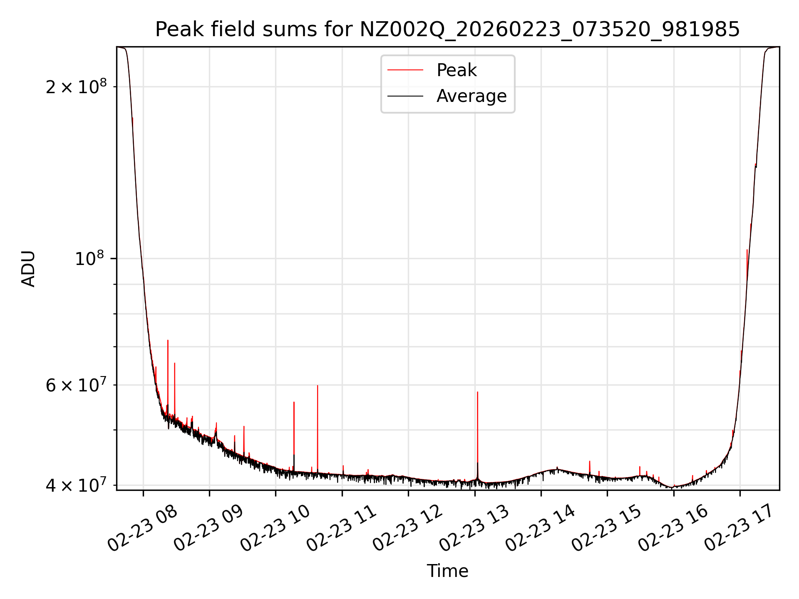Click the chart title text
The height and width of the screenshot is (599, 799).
(x=447, y=30)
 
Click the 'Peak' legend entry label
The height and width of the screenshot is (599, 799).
(x=456, y=70)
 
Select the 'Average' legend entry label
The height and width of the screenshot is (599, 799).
(x=471, y=96)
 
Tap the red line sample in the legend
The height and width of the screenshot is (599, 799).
(x=405, y=70)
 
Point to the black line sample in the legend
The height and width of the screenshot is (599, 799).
(x=405, y=96)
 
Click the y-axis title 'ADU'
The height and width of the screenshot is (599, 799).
(x=28, y=268)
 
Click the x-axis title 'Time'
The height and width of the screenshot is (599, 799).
(x=447, y=571)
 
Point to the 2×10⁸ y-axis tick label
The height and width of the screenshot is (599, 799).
(x=76, y=87)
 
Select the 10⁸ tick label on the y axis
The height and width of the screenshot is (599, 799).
(x=89, y=259)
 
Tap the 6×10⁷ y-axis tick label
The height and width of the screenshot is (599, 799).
(x=76, y=385)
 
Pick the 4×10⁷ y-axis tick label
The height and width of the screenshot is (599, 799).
(x=76, y=485)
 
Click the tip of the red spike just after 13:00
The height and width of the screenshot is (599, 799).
(x=477, y=392)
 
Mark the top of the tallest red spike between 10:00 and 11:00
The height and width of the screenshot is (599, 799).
(x=318, y=386)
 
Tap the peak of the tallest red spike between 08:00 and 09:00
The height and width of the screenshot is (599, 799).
(x=168, y=340)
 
